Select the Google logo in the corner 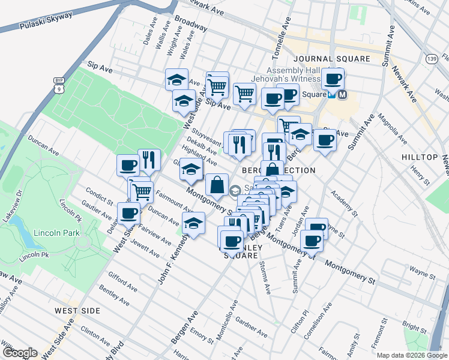pyautogui.click(x=19, y=353)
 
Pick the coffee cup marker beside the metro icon pyautogui.click(x=332, y=79)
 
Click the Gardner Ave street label pyautogui.click(x=252, y=326)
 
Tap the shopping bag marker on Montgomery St pyautogui.click(x=216, y=185)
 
